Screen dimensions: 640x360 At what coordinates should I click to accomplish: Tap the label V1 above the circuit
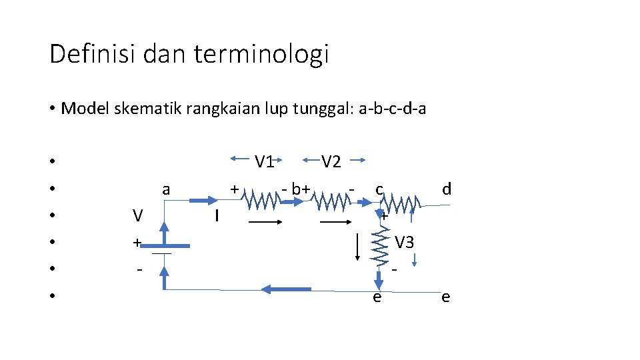click(x=265, y=161)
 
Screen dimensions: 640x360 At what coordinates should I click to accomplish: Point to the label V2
click(x=331, y=161)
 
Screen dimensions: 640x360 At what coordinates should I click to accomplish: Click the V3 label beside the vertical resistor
click(x=404, y=243)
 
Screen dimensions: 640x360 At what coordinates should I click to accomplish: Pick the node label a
click(x=166, y=190)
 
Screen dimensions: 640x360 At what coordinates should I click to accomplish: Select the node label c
click(x=379, y=189)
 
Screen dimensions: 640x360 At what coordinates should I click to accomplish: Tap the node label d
click(x=447, y=189)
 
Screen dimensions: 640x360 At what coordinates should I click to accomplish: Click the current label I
click(x=217, y=216)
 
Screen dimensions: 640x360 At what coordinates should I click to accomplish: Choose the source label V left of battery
click(x=137, y=216)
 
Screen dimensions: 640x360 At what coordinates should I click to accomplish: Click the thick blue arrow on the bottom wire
click(x=287, y=289)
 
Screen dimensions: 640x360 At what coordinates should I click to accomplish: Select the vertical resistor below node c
click(x=379, y=247)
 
